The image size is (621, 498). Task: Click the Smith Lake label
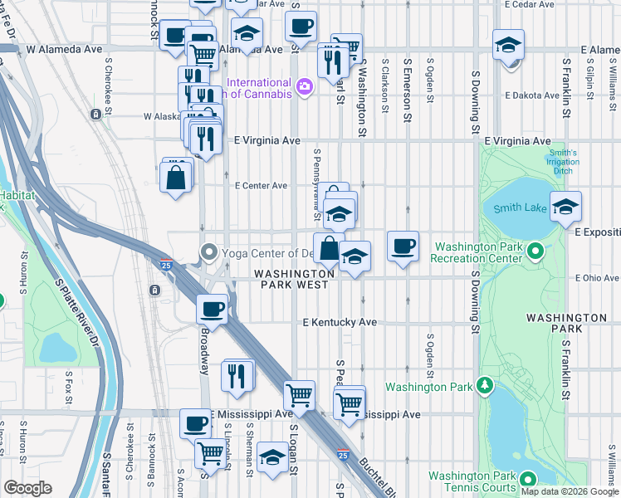tap(521, 208)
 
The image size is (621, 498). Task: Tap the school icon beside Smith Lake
tap(565, 207)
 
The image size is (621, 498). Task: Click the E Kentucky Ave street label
tap(340, 322)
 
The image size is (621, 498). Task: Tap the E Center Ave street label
tap(261, 185)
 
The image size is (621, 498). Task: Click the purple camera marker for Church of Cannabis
tap(304, 86)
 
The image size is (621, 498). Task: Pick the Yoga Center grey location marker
tap(208, 252)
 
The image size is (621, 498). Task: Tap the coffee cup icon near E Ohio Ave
tap(403, 247)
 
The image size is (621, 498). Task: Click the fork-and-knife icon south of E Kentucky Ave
tap(238, 375)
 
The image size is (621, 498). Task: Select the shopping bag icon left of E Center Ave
tap(176, 177)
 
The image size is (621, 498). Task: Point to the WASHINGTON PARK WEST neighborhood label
tap(294, 279)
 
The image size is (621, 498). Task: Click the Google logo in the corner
tap(27, 488)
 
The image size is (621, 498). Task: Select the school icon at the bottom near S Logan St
tap(272, 457)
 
